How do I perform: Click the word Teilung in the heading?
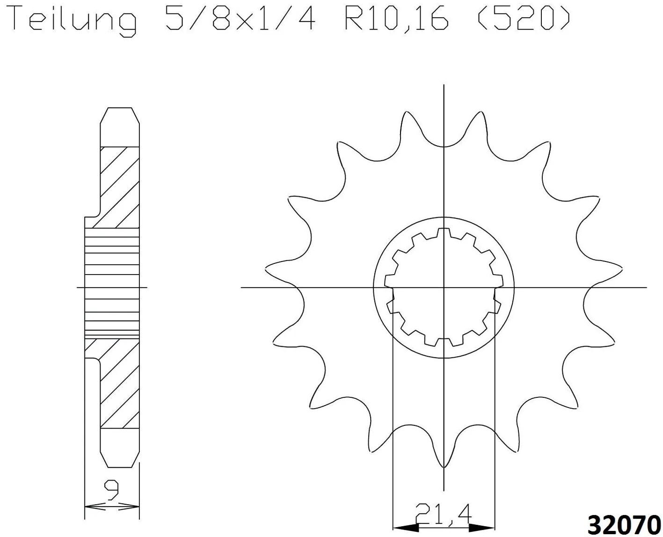tap(75, 20)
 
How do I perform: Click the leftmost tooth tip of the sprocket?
tap(266, 268)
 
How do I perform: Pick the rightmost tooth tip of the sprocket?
tap(621, 268)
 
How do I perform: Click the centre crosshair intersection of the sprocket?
tap(444, 287)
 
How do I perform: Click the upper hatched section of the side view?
tap(116, 187)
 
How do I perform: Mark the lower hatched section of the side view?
tap(116, 384)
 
